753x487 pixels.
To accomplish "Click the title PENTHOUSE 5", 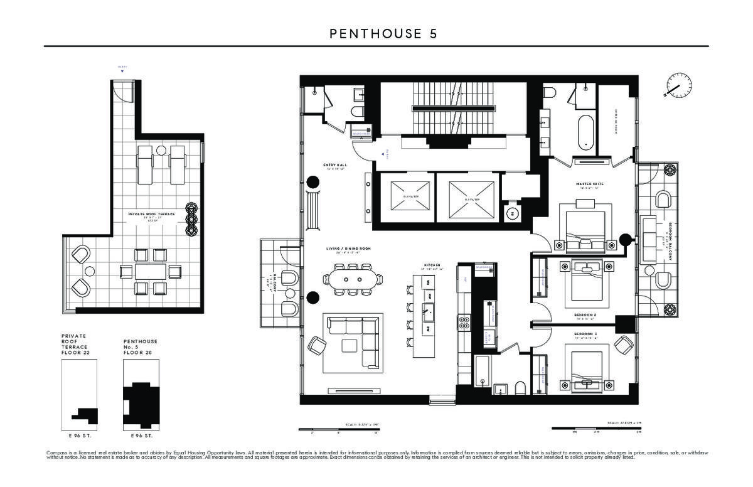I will pyautogui.click(x=383, y=34).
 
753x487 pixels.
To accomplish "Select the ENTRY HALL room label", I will pyautogui.click(x=335, y=166).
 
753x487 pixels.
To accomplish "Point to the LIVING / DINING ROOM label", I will pyautogui.click(x=348, y=249).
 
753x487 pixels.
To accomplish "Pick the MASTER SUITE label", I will pyautogui.click(x=589, y=185).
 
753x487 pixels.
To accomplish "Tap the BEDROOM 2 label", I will pyautogui.click(x=585, y=314).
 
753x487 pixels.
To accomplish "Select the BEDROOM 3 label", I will pyautogui.click(x=585, y=334).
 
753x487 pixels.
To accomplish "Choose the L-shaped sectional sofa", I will pyautogui.click(x=352, y=342).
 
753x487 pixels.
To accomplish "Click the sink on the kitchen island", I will pyautogui.click(x=430, y=309).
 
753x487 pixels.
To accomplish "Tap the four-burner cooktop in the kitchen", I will pyautogui.click(x=466, y=323).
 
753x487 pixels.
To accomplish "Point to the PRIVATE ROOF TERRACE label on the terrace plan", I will pyautogui.click(x=151, y=215).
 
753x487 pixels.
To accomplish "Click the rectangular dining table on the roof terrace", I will pyautogui.click(x=151, y=271).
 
